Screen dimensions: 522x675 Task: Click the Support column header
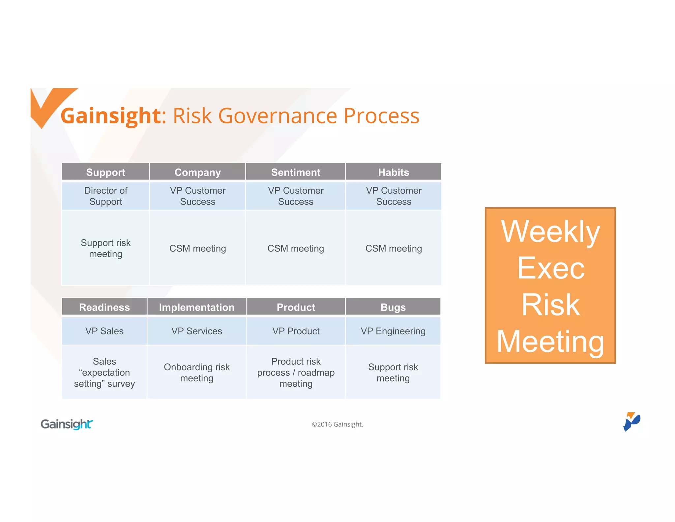pos(105,172)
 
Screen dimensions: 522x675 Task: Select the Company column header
pos(197,172)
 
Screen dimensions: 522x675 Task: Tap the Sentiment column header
pos(296,172)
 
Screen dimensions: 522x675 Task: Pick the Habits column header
pos(393,172)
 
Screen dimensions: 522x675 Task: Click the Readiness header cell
pos(104,307)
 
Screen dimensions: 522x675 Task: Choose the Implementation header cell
pos(196,307)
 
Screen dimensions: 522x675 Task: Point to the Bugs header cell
pos(393,307)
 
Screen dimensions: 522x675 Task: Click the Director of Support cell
pos(105,196)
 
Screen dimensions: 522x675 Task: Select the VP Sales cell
pos(104,331)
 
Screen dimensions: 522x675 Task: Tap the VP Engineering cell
pos(393,331)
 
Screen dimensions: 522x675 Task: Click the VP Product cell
pos(296,331)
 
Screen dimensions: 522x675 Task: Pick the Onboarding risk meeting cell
pos(196,373)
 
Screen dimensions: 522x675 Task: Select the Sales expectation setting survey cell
pos(104,373)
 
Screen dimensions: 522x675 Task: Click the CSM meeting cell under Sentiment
pos(296,248)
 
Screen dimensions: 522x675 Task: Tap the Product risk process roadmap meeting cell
pos(296,373)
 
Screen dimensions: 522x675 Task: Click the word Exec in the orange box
pos(550,268)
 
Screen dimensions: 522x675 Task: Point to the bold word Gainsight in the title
pos(111,116)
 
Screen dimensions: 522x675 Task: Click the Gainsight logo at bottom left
pos(67,424)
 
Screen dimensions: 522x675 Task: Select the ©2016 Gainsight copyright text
pos(337,424)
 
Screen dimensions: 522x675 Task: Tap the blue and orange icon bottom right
pos(631,421)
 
